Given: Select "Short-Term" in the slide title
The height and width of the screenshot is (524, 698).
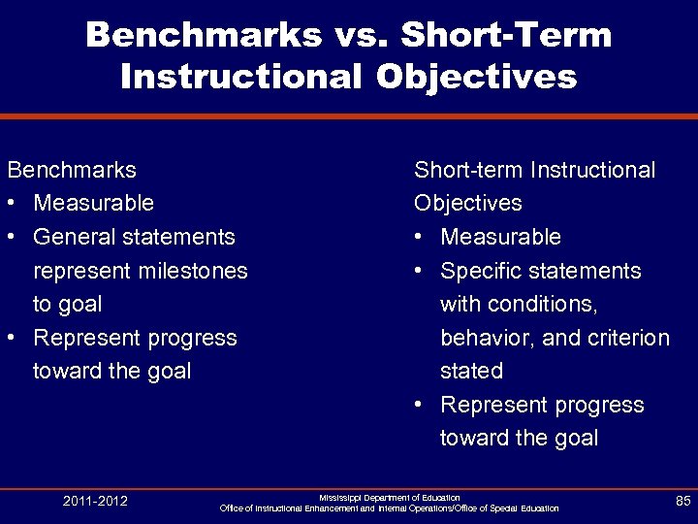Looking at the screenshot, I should (506, 36).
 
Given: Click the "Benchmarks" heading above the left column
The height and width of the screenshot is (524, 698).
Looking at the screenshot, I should (72, 170).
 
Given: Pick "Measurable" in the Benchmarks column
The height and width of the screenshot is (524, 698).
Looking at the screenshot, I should (93, 203).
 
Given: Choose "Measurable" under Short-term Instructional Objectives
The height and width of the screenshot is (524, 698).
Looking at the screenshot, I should (500, 237).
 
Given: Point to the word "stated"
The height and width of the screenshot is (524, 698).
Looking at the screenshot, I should (471, 371).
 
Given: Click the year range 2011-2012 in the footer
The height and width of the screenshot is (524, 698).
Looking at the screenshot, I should (95, 502).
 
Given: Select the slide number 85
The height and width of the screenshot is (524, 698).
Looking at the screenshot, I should (682, 502).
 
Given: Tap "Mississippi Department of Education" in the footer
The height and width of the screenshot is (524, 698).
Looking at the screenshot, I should (390, 497).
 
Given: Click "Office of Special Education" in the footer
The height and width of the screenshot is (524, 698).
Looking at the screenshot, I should (499, 508).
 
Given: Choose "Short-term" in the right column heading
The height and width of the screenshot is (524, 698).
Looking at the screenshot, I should (461, 170).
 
